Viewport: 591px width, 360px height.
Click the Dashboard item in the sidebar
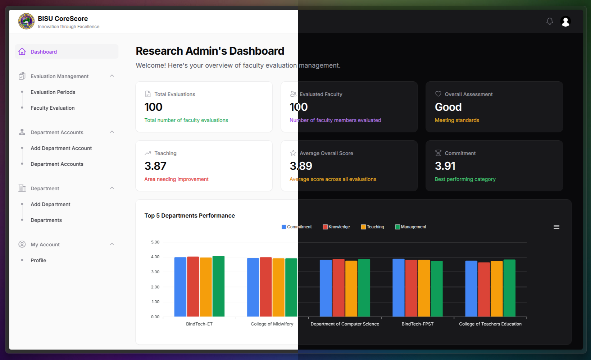tap(44, 52)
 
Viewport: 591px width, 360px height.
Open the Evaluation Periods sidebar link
tap(53, 92)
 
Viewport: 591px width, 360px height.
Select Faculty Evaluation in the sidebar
tap(53, 108)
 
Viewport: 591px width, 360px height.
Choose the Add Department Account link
tap(61, 148)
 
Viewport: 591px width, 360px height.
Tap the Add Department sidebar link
tap(50, 204)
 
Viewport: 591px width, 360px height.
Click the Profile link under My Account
tap(38, 260)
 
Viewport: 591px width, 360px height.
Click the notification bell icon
tap(550, 21)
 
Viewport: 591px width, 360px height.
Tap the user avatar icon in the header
tap(565, 22)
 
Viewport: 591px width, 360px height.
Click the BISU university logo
tap(26, 22)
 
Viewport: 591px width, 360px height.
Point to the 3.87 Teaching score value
tap(155, 166)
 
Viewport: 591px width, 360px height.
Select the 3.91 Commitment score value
tap(445, 166)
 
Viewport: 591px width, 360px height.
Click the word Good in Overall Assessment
tap(448, 107)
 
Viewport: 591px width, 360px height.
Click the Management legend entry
tap(411, 227)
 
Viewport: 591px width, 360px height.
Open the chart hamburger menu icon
tap(556, 227)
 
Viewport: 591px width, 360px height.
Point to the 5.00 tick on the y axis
tap(155, 242)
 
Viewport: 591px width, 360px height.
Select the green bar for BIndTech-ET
tap(218, 286)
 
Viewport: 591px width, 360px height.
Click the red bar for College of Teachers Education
tap(484, 290)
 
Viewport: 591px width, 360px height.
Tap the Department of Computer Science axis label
tap(345, 324)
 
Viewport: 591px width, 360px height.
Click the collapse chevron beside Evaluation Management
tap(112, 76)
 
